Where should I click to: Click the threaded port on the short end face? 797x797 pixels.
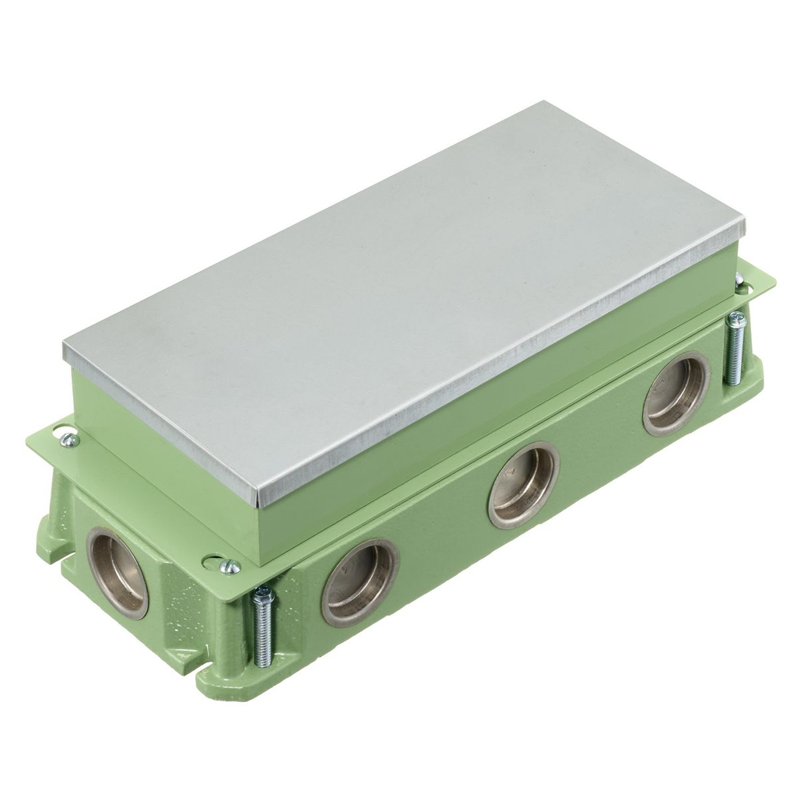118,573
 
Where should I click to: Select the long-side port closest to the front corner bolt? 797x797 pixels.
360,582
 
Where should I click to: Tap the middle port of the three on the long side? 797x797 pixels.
523,485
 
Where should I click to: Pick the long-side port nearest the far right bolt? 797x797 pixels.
676,393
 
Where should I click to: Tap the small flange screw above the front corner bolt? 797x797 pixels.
230,567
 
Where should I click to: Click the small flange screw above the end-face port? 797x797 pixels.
69,440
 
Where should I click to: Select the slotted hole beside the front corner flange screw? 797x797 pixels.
211,558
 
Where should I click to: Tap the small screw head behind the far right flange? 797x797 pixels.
739,279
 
